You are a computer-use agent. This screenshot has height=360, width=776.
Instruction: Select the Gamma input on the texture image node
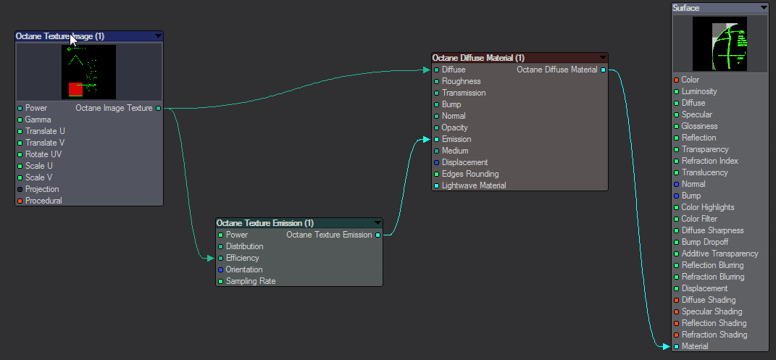click(38, 120)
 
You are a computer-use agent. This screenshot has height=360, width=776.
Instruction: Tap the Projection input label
click(42, 189)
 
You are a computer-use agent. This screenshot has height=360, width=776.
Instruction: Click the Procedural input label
click(43, 201)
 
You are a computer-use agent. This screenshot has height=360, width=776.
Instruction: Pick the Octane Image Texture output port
click(159, 108)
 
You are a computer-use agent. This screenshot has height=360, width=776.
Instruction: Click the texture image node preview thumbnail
click(88, 71)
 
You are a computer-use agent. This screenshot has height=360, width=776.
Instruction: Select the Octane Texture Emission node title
click(264, 223)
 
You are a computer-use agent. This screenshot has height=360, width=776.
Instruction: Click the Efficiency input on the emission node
click(242, 258)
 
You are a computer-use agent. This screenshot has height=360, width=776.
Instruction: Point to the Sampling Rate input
click(250, 281)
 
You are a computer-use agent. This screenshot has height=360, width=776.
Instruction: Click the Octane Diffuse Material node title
click(478, 58)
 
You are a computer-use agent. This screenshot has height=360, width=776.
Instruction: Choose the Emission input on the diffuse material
click(456, 139)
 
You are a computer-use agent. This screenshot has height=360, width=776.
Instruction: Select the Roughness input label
click(461, 81)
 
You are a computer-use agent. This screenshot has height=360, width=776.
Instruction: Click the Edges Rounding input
click(470, 174)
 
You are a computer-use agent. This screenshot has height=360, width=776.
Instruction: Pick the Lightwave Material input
click(474, 185)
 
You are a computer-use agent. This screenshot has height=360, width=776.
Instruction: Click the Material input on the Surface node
click(694, 346)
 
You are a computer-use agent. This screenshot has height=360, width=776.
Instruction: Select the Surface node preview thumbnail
click(719, 43)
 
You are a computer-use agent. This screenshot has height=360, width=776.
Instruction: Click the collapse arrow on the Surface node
click(764, 8)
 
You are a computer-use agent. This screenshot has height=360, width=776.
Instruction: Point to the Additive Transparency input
click(719, 254)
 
